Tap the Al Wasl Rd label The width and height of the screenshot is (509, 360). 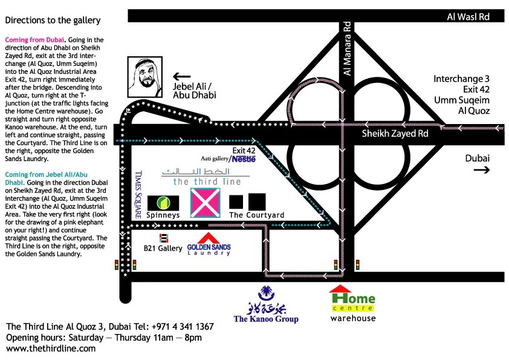coord(467,17)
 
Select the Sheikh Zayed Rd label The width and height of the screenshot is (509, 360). coord(396,134)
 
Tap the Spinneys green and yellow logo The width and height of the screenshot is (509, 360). coord(163,203)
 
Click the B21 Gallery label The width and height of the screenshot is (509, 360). coord(163,248)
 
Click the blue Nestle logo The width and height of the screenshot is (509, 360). coord(245,159)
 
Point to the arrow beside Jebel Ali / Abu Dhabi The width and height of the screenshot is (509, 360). coord(181,77)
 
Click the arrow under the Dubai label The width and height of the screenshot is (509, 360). coord(481,171)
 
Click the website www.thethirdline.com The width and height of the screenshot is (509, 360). coord(51,349)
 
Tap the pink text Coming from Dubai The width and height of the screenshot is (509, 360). coord(30,39)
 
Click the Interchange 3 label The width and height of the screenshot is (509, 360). coord(461,79)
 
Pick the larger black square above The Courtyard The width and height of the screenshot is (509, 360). coord(257,201)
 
